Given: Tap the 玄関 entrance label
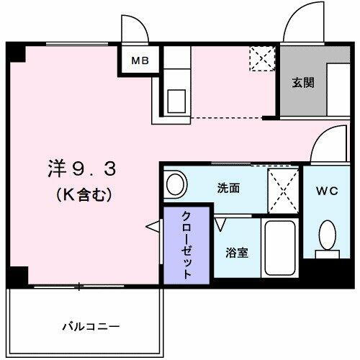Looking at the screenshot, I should pyautogui.click(x=302, y=81).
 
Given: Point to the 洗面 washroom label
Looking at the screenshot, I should pyautogui.click(x=229, y=187).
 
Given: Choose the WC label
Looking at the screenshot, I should pyautogui.click(x=325, y=192).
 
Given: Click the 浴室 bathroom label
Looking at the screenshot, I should pyautogui.click(x=238, y=253).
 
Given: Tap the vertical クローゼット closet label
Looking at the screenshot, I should pyautogui.click(x=186, y=245).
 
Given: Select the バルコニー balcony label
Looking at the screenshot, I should pyautogui.click(x=89, y=326).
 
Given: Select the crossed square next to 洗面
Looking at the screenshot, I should pyautogui.click(x=282, y=189).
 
